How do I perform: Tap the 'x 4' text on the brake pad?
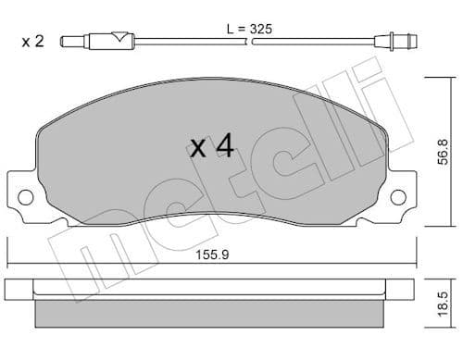210,147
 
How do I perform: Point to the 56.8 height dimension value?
447,149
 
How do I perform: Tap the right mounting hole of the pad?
398,196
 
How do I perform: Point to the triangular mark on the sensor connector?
117,39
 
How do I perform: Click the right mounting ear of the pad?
397,195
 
